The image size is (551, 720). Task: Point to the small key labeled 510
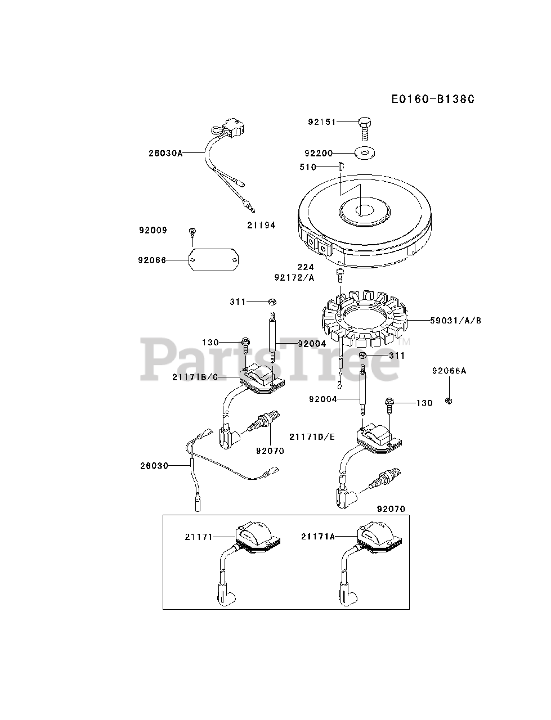[x=340, y=166]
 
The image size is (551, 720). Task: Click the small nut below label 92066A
[x=449, y=400]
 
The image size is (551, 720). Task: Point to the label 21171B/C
[x=195, y=377]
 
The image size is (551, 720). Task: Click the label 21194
[x=261, y=225]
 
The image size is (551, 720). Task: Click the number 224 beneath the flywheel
[x=306, y=267]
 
